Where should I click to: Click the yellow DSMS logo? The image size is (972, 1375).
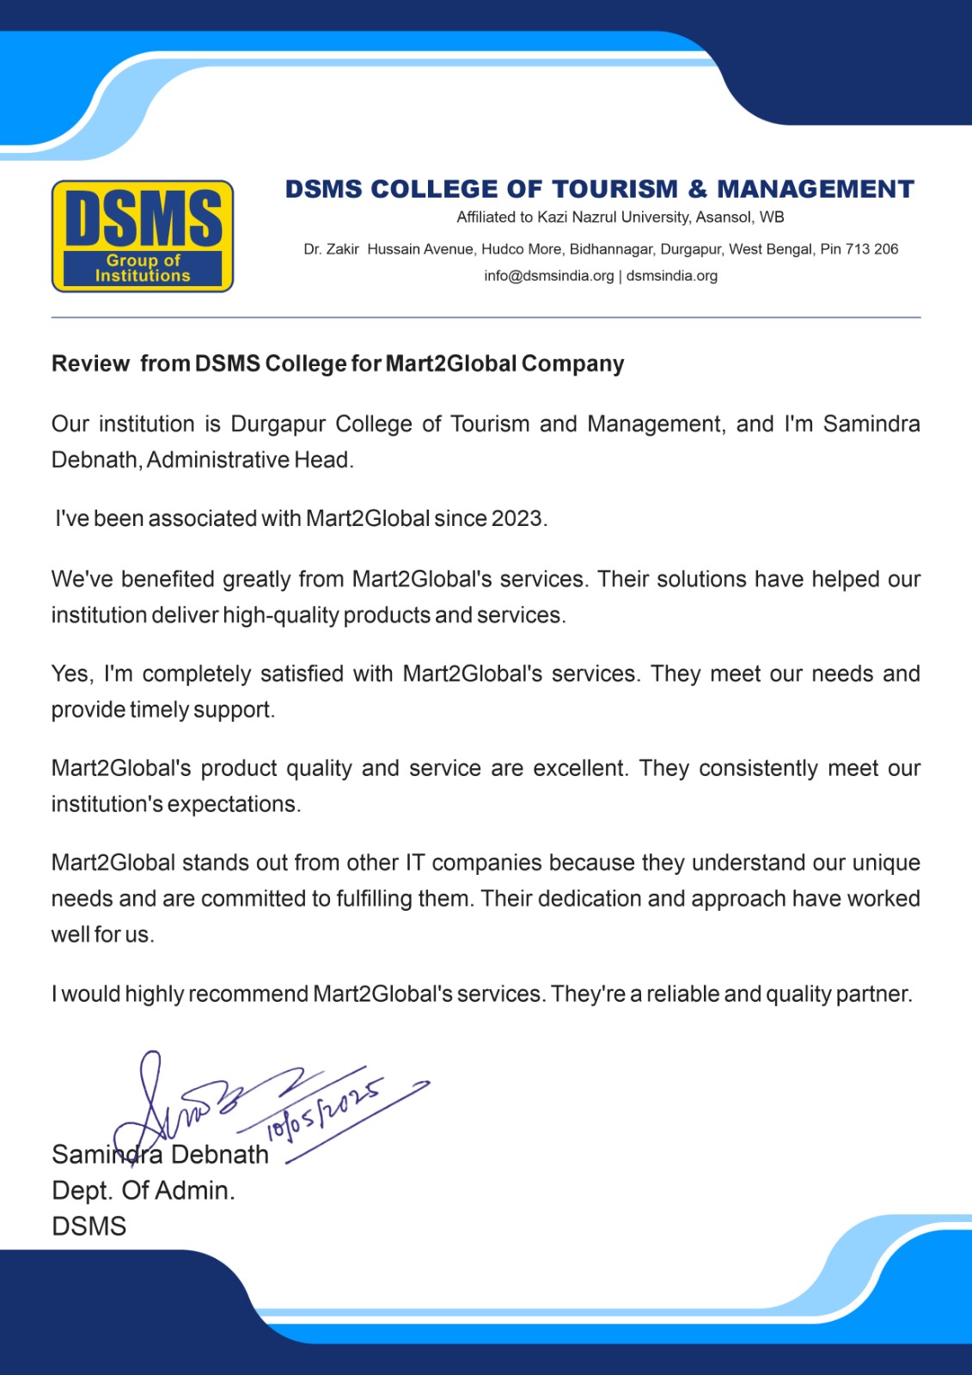click(143, 235)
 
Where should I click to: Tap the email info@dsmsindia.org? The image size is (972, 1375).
click(548, 276)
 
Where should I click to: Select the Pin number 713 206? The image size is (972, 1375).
click(871, 249)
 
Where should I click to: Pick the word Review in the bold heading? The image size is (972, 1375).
click(90, 364)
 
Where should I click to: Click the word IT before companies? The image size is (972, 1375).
click(415, 863)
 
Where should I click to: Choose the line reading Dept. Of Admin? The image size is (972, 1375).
click(143, 1190)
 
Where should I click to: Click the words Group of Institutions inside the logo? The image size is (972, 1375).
click(143, 268)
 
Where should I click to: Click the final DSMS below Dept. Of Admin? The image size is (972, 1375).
click(89, 1226)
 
